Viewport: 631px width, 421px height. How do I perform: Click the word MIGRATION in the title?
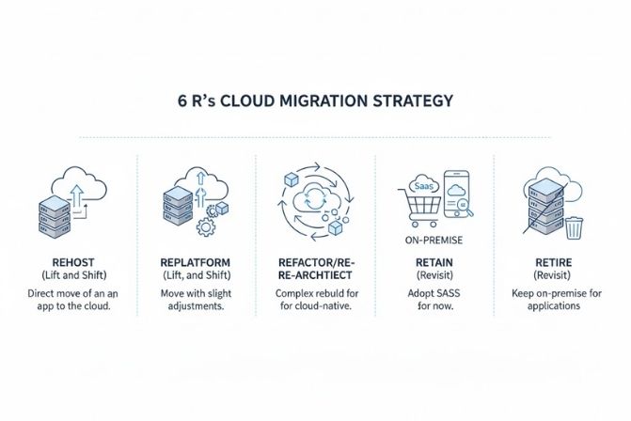(x=323, y=101)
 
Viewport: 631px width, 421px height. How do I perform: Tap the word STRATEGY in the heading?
(x=412, y=101)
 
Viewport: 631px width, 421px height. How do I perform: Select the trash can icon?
(x=573, y=227)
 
